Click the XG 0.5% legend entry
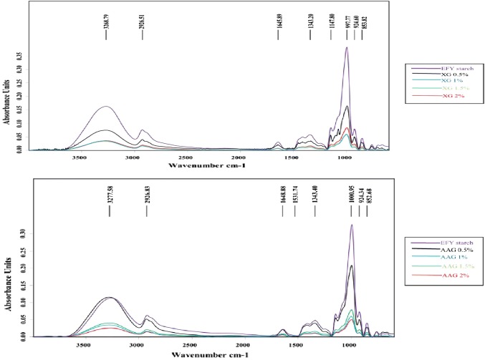(437, 76)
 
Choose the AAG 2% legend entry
(438, 276)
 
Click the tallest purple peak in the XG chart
(347, 48)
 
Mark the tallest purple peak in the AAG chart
(352, 225)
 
